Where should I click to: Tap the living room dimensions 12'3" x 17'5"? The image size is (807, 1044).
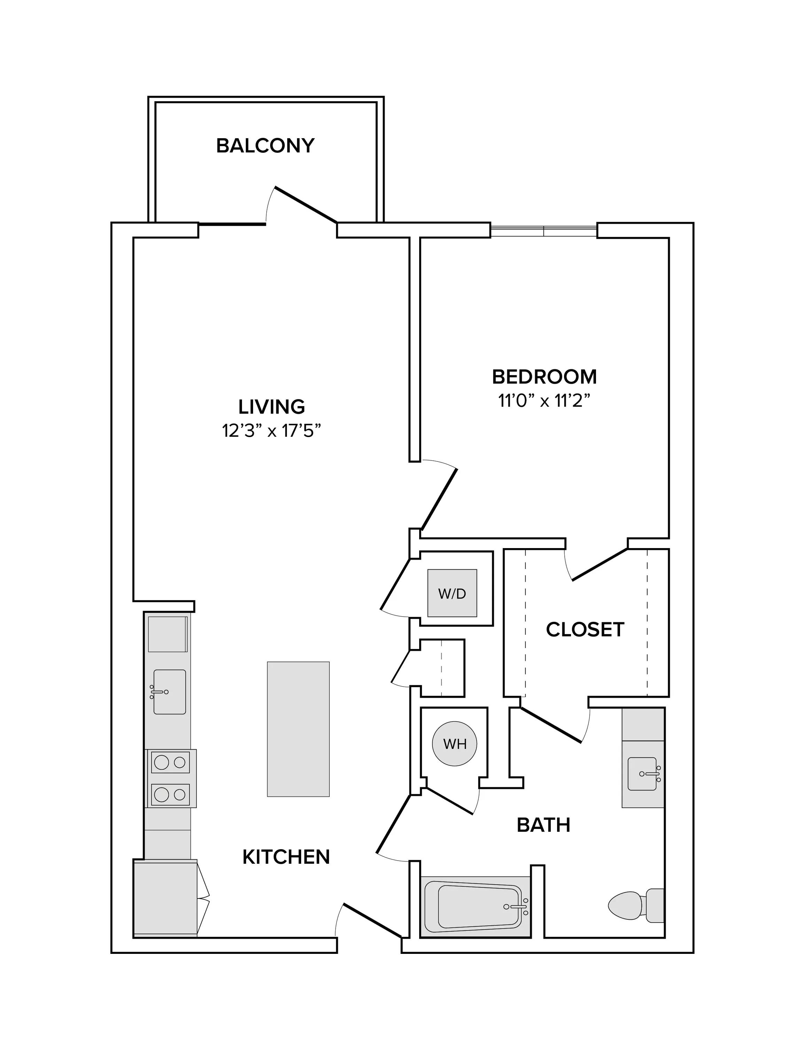pyautogui.click(x=271, y=431)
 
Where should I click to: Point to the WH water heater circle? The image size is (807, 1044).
pyautogui.click(x=455, y=744)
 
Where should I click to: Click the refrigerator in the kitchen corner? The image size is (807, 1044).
pyautogui.click(x=165, y=898)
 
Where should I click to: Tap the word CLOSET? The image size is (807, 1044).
pyautogui.click(x=585, y=630)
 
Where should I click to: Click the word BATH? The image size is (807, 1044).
pyautogui.click(x=543, y=825)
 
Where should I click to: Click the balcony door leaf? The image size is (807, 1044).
pyautogui.click(x=306, y=205)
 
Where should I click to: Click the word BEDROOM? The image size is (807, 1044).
pyautogui.click(x=544, y=377)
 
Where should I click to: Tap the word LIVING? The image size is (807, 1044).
pyautogui.click(x=272, y=407)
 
